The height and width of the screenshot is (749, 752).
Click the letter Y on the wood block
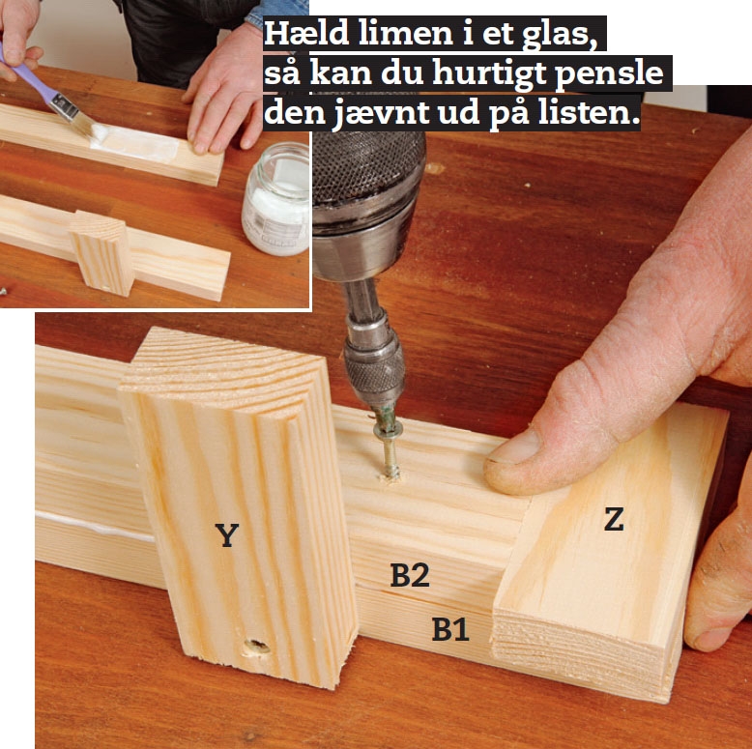coord(227,535)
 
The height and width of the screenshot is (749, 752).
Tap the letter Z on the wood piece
coord(614,519)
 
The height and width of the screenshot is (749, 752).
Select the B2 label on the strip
coord(410,575)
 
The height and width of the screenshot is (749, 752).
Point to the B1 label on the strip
coord(449,628)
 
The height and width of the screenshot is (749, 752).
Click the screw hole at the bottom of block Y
coord(256,647)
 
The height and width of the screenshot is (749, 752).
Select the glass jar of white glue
coord(276,199)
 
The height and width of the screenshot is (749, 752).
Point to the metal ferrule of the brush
coord(65,106)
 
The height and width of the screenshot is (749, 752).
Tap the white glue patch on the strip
coord(135,143)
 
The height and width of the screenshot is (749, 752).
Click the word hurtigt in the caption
coord(489,74)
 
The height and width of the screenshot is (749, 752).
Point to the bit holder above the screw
coord(374,355)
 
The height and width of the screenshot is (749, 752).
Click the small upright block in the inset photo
coord(102,252)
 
